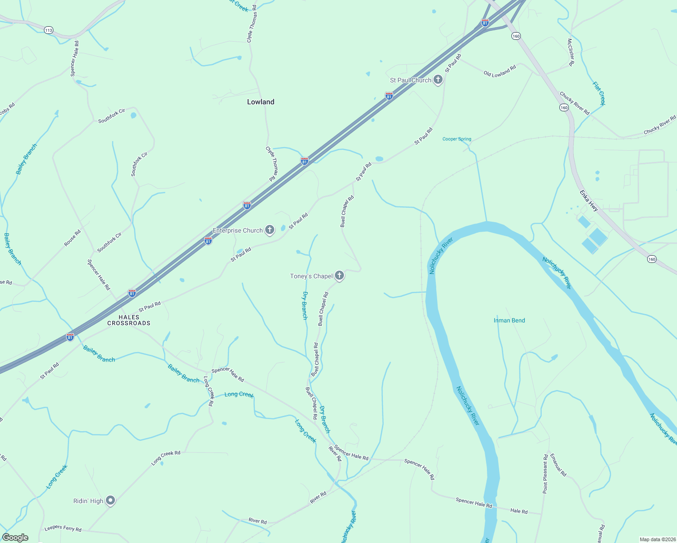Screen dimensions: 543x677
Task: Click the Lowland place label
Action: point(261,102)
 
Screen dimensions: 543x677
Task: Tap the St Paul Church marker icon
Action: point(438,80)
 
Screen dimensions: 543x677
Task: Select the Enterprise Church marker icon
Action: point(269,230)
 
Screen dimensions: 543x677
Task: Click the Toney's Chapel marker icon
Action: point(339,276)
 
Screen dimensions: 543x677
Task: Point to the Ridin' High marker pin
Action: point(110,500)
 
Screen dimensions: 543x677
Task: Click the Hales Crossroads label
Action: point(129,320)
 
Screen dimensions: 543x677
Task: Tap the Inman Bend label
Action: point(509,320)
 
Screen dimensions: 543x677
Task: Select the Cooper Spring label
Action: point(457,139)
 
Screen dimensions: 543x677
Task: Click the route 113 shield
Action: point(48,30)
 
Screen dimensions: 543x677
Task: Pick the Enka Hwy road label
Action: point(589,200)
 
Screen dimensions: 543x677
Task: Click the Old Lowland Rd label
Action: point(500,71)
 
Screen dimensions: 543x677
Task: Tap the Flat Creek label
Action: point(599,93)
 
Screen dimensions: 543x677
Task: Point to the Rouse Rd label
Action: point(72,238)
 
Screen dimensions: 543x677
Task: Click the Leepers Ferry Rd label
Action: point(63,529)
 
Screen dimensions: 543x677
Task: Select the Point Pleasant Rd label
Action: point(545,473)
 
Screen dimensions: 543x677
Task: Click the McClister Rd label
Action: point(571,52)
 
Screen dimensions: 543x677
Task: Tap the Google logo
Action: point(15,538)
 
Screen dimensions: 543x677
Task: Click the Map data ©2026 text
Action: point(657,539)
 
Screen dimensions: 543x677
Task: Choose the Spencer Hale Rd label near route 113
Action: point(75,58)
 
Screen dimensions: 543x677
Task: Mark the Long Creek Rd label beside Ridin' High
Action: point(166,458)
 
